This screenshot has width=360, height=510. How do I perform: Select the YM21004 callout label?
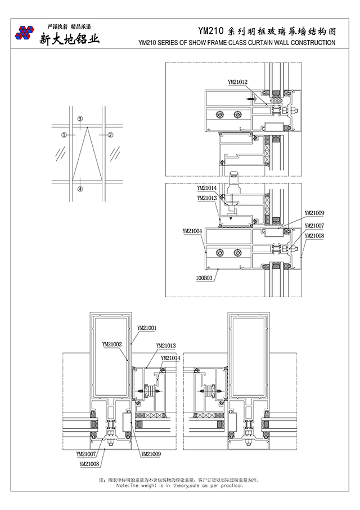pos(192,231)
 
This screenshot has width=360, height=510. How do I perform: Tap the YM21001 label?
pos(147,327)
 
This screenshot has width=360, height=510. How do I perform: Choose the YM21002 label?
pos(112,342)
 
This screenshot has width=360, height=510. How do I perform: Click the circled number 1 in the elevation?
pos(64,135)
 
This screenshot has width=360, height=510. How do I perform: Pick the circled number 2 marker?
pos(111,135)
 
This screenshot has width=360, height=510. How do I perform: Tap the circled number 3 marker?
pos(80,119)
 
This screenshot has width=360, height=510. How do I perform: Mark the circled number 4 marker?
pos(80,190)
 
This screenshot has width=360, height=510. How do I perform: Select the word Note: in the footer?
pos(123,485)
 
